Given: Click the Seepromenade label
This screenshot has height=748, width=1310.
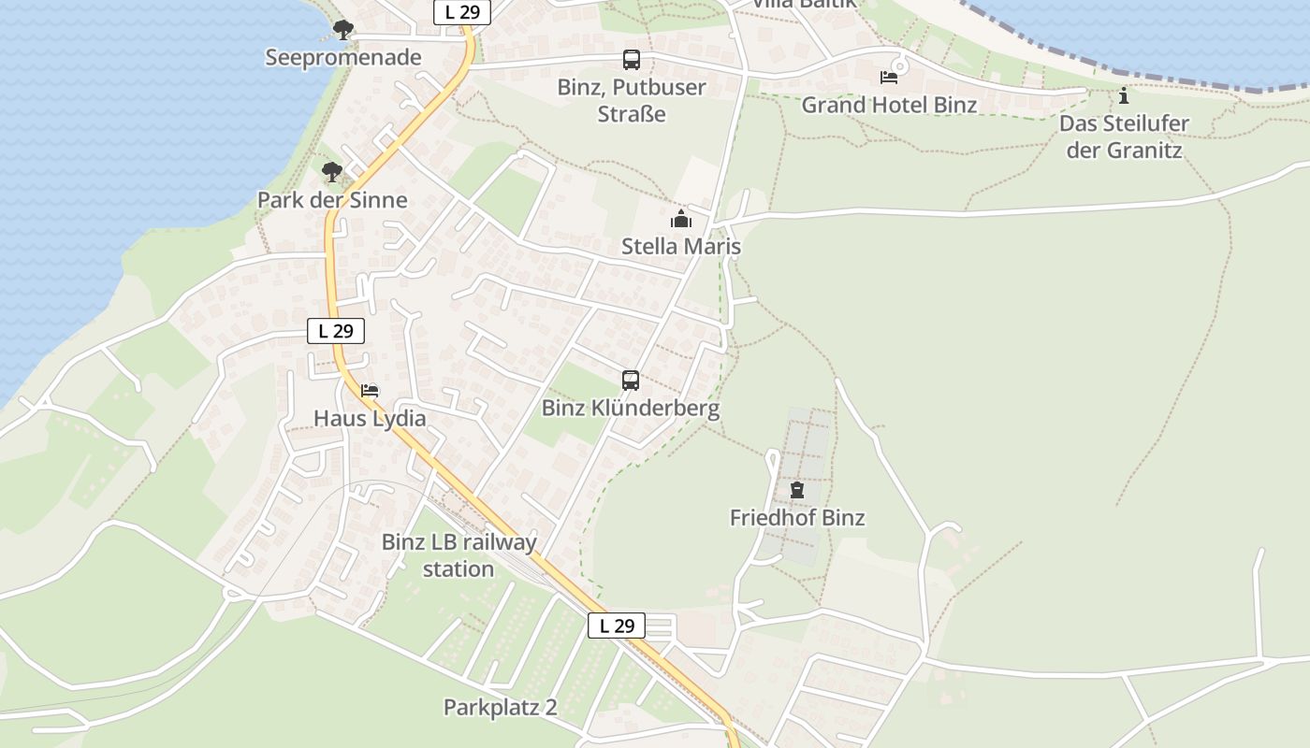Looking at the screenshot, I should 342,58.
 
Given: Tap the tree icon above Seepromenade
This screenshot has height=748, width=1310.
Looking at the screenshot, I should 343,29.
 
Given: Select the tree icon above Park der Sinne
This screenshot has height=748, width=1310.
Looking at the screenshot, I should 331,171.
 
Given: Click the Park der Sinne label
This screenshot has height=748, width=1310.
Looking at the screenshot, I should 332,200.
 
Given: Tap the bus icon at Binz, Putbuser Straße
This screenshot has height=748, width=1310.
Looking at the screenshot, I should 632,60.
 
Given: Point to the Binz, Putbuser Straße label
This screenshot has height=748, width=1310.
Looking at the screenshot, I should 632,101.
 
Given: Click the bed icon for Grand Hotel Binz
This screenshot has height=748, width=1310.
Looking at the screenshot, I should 888,77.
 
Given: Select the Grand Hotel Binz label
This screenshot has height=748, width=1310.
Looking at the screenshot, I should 889,105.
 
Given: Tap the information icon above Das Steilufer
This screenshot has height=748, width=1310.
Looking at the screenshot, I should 1124,95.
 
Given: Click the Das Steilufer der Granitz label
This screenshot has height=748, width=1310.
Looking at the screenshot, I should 1124,137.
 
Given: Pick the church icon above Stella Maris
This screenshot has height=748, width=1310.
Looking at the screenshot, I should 681,220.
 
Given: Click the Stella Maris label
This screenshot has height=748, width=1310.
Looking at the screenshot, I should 681,247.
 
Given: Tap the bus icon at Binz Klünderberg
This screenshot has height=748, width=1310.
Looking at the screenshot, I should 631,381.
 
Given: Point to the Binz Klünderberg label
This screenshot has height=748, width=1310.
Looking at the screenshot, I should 631,409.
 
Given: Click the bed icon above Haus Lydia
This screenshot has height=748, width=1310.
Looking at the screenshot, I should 370,391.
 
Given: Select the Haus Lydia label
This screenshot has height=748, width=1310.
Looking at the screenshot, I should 370,419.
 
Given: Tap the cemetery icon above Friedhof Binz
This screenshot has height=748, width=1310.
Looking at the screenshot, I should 797,490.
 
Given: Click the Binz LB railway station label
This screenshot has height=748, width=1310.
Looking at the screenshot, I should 458,555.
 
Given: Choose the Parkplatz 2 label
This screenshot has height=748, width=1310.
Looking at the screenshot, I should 500,708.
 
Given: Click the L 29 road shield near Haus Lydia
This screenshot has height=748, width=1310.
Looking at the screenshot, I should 335,331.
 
